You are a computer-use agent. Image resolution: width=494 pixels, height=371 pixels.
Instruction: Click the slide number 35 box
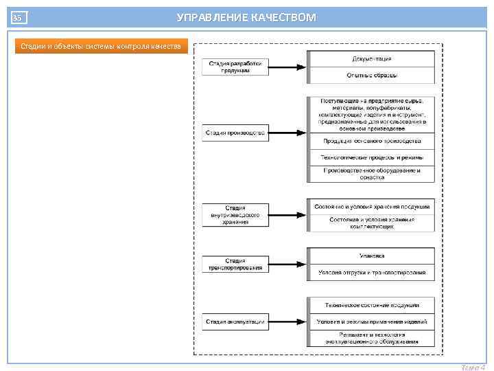tap(19, 17)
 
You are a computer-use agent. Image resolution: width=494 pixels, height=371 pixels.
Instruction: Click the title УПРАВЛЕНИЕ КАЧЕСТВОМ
tap(246, 17)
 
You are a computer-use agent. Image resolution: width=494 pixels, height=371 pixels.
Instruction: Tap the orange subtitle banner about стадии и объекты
tap(100, 46)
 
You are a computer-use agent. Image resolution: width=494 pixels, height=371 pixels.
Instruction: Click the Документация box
tap(371, 59)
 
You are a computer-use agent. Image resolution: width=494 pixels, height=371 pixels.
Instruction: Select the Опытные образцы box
tap(371, 75)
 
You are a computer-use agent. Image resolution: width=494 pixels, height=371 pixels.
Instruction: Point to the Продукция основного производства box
tap(371, 142)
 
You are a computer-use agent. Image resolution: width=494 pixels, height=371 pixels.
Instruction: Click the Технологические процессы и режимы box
tap(371, 157)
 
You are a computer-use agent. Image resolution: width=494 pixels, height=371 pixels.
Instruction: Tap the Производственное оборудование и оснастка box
tap(371, 173)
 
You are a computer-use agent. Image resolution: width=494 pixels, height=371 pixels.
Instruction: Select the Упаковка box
tap(371, 256)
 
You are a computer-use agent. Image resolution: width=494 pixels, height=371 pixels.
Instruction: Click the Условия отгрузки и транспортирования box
tap(371, 273)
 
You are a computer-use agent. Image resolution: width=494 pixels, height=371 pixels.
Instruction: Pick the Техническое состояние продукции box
tap(371, 305)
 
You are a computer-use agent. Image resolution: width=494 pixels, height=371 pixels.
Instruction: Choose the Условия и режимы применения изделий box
tap(371, 322)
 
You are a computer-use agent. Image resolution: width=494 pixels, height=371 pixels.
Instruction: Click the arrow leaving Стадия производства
tap(287, 133)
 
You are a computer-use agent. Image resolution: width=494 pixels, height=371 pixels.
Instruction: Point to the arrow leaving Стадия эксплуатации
tap(287, 321)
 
